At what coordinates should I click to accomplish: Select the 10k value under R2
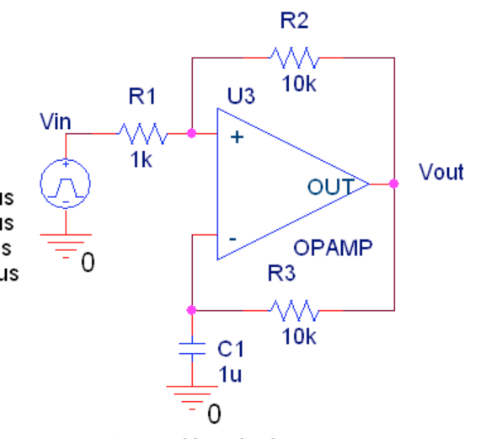(299, 84)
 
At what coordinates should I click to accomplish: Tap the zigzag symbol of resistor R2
(294, 58)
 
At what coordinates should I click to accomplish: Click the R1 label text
(142, 97)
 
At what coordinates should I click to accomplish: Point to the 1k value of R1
(142, 159)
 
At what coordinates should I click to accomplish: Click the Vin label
(56, 123)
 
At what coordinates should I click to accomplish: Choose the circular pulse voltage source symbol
(64, 183)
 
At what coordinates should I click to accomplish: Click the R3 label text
(282, 274)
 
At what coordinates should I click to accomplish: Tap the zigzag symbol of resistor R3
(294, 310)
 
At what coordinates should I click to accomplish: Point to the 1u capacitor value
(230, 376)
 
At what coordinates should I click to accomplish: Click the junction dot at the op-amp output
(393, 183)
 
